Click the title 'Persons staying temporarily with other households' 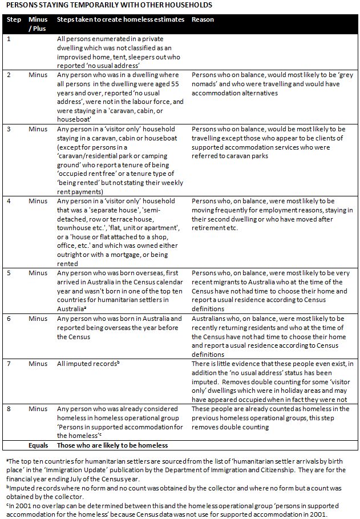pos(108,5)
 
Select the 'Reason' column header pos(203,19)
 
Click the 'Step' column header pos(13,19)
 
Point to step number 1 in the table pos(9,38)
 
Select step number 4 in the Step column pos(9,201)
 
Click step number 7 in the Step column pos(9,363)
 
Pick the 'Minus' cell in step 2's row pos(38,75)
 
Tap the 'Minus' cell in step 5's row pos(38,273)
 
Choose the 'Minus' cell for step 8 pos(38,409)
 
